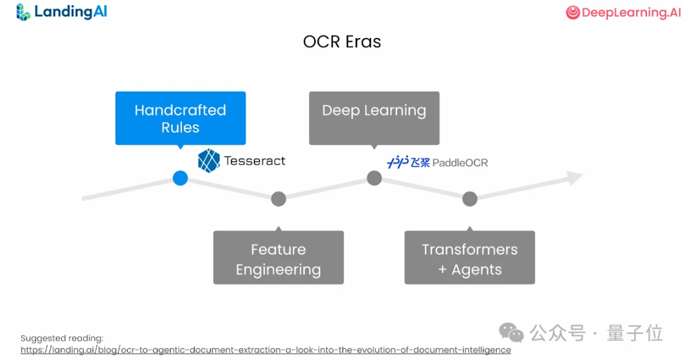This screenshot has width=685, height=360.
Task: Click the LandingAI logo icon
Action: (x=23, y=12)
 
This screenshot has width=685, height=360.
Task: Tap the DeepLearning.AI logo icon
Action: (x=573, y=13)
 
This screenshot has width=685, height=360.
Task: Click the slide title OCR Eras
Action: (x=342, y=42)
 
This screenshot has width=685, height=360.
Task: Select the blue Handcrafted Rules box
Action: (x=180, y=119)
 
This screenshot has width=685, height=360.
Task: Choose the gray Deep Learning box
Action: (x=374, y=118)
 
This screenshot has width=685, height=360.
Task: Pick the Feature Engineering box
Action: (x=278, y=257)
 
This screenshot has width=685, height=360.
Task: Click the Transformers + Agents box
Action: (x=470, y=257)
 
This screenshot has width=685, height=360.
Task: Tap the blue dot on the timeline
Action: (x=180, y=178)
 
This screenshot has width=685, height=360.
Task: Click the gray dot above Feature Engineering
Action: (x=278, y=199)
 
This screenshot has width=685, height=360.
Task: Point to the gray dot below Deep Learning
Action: (x=374, y=178)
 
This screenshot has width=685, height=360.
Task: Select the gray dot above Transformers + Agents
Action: (x=470, y=199)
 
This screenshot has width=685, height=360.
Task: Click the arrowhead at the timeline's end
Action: (x=574, y=178)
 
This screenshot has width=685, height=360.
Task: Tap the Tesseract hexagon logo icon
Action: (x=209, y=161)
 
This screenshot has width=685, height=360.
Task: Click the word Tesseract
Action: (x=255, y=161)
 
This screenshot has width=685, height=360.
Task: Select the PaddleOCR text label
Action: (x=460, y=163)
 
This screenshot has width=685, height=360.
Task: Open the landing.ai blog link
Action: (x=265, y=350)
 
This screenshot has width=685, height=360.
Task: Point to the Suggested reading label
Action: (x=62, y=338)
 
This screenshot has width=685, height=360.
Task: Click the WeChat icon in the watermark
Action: (x=511, y=333)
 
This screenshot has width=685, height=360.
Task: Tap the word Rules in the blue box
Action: (x=180, y=127)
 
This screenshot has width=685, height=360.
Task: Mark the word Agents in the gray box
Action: (x=477, y=270)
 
